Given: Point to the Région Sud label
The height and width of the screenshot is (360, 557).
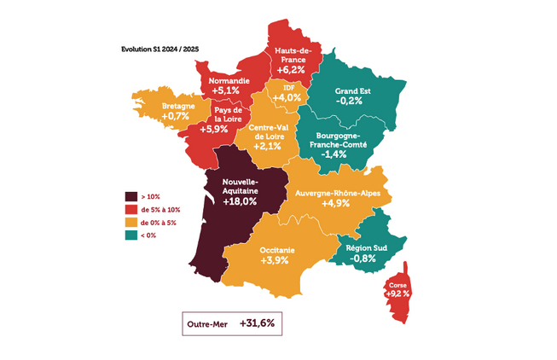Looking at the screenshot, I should click(367, 247).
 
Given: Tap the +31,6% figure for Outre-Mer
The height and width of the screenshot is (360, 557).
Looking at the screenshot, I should click(257, 324).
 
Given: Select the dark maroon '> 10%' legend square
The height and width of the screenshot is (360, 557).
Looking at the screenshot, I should click(131, 195).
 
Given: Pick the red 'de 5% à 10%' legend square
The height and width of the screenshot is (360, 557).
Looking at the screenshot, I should click(131, 209).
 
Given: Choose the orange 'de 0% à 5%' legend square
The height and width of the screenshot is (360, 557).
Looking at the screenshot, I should click(131, 223).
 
